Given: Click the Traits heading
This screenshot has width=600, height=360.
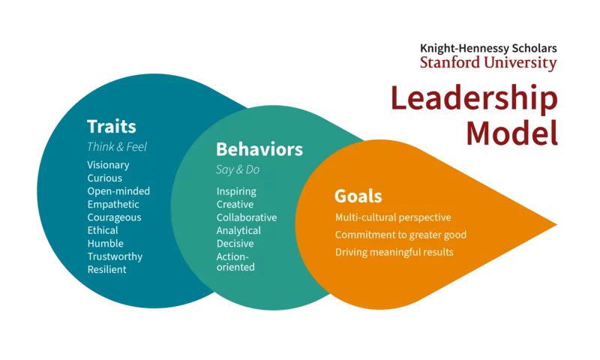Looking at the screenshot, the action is (112, 126).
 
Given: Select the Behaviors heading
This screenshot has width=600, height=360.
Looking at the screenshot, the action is (259, 148).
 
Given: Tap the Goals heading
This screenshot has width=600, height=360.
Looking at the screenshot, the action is (358, 196).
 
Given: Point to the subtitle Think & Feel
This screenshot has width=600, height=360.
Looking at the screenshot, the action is (116, 147).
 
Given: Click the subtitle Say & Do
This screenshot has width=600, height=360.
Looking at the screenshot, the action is (238, 169).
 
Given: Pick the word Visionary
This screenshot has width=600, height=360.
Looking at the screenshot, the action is (108, 165).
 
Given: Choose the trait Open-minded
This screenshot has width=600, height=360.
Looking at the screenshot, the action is (118, 191).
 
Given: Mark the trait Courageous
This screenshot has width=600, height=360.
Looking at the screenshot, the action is (114, 217).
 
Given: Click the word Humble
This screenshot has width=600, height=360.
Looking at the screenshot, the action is (105, 244).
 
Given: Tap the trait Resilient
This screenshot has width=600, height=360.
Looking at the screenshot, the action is (106, 269).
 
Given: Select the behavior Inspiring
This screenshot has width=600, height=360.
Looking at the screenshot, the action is (236, 191).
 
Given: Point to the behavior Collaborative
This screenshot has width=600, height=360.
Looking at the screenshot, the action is (247, 217).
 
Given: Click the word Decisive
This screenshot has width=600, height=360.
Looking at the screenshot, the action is (235, 244).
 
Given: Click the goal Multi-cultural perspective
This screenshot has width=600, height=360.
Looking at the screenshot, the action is (393, 217).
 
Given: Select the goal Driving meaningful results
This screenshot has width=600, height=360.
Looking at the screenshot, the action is (394, 252).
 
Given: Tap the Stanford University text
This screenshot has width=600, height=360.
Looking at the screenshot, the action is (488, 63).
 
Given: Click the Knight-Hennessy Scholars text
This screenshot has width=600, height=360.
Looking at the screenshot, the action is (488, 49).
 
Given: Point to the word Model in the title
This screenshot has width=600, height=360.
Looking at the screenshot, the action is (511, 133).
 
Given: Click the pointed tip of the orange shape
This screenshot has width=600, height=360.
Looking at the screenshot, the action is (556, 224).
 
